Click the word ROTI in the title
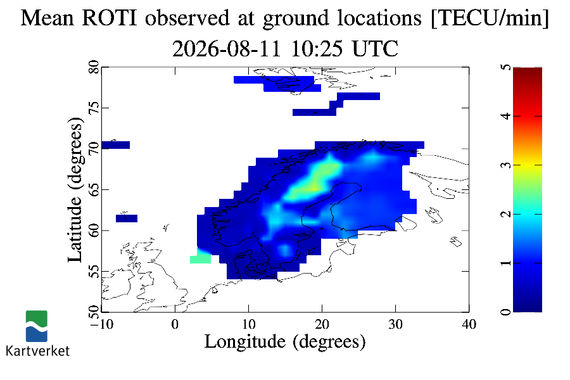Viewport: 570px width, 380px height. [x=110, y=18]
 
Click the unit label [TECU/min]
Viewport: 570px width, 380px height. [x=490, y=18]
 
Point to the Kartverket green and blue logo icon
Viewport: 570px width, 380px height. [x=36, y=326]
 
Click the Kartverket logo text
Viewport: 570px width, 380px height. [x=38, y=351]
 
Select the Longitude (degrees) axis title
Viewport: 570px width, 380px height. [x=285, y=342]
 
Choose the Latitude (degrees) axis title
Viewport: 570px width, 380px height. [x=75, y=189]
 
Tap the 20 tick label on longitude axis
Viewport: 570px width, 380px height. [x=322, y=324]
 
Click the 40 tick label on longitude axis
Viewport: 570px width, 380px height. [x=469, y=324]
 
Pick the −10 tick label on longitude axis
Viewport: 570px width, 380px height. [x=101, y=324]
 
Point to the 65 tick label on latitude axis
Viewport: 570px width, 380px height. [x=94, y=189]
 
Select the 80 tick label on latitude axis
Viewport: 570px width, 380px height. [x=94, y=67]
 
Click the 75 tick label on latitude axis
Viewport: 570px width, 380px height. [x=94, y=108]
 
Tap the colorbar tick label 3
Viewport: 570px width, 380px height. [x=505, y=165]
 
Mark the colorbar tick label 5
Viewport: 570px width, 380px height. [x=505, y=68]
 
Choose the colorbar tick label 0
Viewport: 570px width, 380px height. [x=505, y=312]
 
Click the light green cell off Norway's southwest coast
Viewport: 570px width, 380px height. [x=200, y=259]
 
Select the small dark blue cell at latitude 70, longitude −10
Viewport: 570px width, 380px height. [x=116, y=145]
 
